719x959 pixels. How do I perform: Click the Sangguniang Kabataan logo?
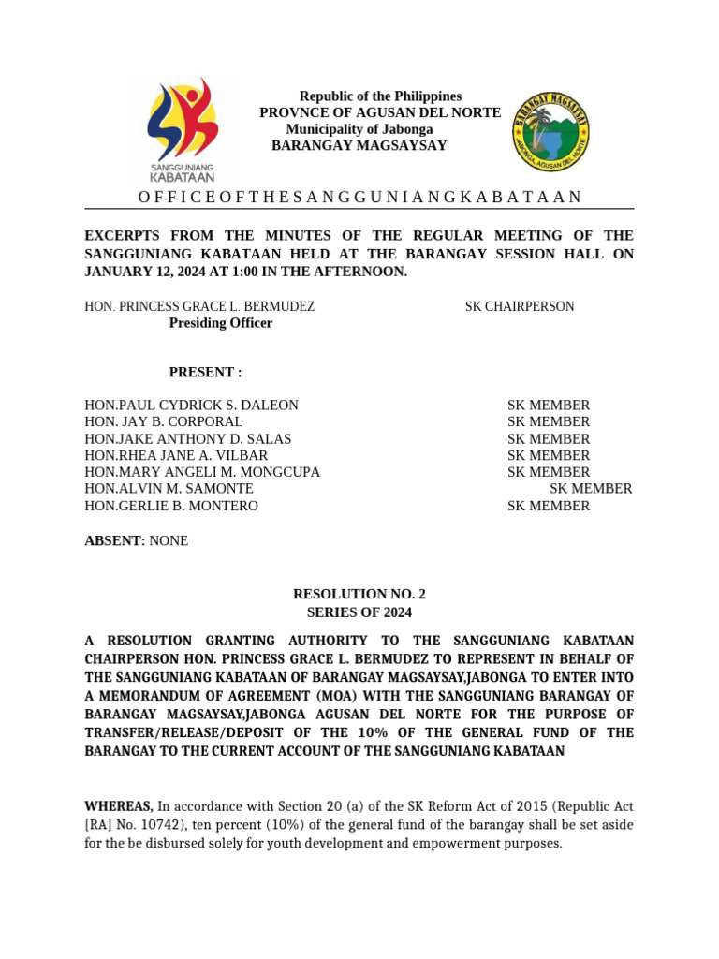(x=183, y=130)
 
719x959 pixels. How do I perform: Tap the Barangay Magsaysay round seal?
(x=550, y=132)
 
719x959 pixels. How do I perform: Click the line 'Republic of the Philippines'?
(x=380, y=96)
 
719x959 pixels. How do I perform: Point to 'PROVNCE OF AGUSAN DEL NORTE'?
(x=380, y=113)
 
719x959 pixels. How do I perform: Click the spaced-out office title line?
(x=359, y=197)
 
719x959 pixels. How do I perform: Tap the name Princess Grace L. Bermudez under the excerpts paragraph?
(x=199, y=306)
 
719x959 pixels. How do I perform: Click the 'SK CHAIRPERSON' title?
(x=520, y=306)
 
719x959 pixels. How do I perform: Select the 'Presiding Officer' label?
(x=220, y=323)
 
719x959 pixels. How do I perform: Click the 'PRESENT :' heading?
(x=205, y=373)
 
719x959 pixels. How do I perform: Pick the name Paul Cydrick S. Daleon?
(x=192, y=406)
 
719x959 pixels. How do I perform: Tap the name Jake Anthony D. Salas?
(x=188, y=439)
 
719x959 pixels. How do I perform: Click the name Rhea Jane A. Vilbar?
(x=176, y=456)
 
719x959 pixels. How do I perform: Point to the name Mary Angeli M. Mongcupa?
(x=202, y=472)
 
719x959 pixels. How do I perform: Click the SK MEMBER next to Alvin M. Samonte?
(x=591, y=489)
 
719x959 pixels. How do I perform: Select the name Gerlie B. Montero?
(x=171, y=506)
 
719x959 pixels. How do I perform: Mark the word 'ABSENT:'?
(x=115, y=541)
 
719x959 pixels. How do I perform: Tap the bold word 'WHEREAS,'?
(x=119, y=806)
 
